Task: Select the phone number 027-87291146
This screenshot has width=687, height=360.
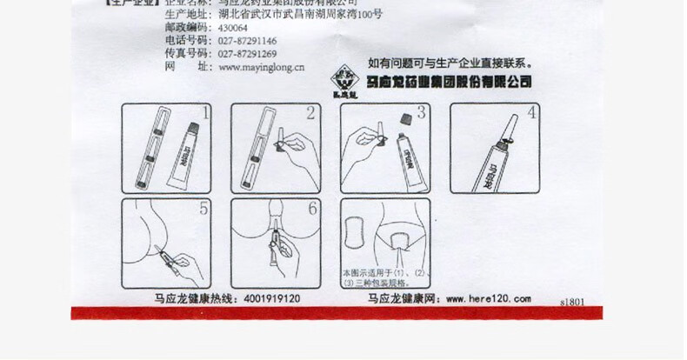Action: coord(247,41)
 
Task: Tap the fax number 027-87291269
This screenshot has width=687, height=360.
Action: coord(247,53)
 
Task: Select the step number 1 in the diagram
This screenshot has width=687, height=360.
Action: coord(205,112)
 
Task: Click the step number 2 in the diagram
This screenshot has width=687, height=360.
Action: coord(310,112)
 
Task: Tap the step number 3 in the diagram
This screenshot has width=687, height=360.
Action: coord(420,112)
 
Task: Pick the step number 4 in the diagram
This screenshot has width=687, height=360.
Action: coord(531,112)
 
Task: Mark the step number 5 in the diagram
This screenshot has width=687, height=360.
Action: coord(203,209)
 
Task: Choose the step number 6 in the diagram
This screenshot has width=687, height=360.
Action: coord(312,209)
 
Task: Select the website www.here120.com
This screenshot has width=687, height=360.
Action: coord(488,298)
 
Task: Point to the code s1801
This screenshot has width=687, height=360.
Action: coord(575,300)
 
